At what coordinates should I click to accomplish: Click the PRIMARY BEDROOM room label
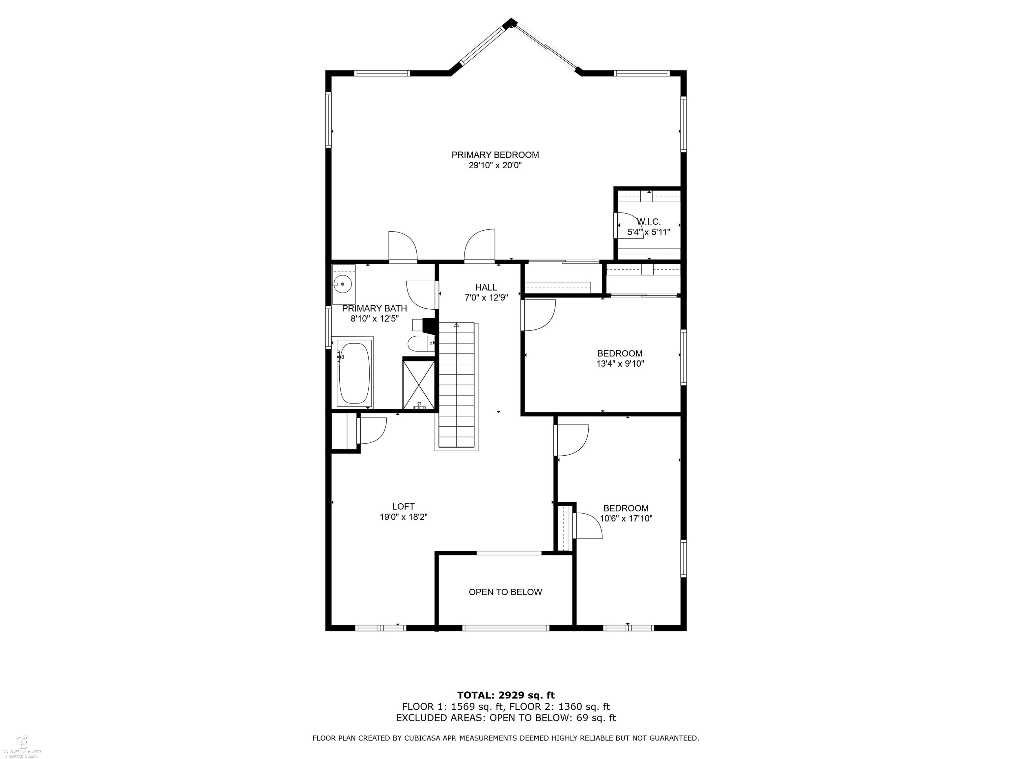(495, 155)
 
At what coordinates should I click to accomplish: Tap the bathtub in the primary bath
(354, 373)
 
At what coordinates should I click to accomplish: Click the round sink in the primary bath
(343, 284)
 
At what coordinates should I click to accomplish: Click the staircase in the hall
(457, 385)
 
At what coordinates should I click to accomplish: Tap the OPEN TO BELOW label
(505, 592)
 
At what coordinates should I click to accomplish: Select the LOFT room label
(403, 506)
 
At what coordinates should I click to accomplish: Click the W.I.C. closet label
(649, 221)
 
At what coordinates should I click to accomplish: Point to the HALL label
(486, 287)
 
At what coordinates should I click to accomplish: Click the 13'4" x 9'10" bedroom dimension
(620, 364)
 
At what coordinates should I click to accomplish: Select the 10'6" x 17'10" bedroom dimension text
(626, 518)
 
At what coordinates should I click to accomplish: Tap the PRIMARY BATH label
(374, 308)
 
